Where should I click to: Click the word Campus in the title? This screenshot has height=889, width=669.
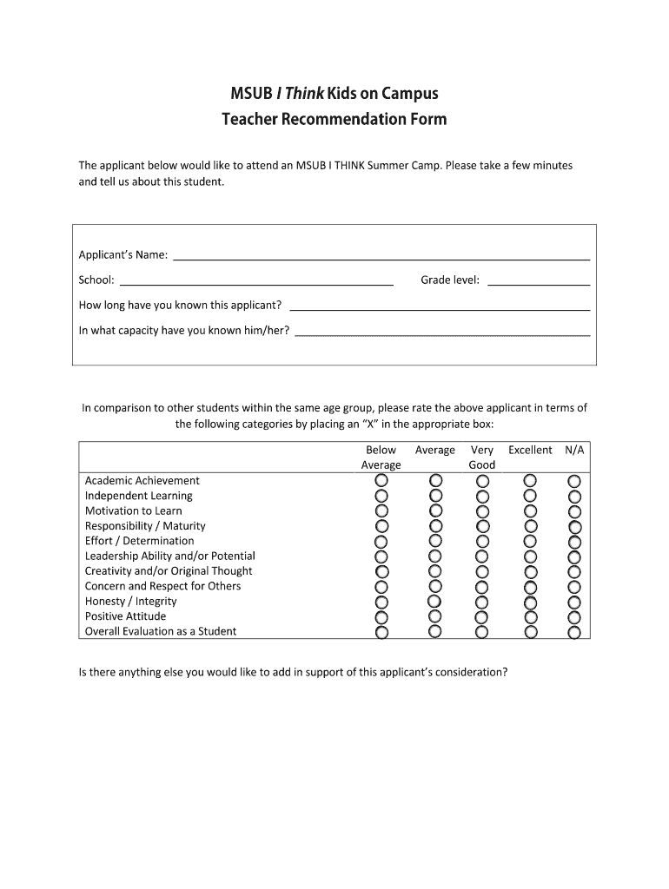(407, 94)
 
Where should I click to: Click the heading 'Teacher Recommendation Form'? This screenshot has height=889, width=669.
(334, 119)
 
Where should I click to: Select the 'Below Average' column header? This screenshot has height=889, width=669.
(381, 458)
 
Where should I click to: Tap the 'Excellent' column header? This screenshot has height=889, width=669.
(530, 451)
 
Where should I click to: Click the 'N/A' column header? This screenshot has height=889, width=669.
(574, 451)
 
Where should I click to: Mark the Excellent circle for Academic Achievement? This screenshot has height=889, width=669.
(530, 481)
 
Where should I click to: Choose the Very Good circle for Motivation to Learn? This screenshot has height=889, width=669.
(483, 511)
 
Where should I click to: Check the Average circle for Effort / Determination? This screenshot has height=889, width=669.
(435, 542)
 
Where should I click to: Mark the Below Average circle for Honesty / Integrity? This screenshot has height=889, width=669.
(381, 602)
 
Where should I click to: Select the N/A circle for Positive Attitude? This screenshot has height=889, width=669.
(574, 617)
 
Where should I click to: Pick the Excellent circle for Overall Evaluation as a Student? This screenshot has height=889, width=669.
(530, 632)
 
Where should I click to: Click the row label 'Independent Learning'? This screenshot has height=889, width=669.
(139, 496)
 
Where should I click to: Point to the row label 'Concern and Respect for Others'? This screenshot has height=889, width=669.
(162, 586)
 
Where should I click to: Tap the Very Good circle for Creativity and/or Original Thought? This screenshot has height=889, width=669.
(483, 572)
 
